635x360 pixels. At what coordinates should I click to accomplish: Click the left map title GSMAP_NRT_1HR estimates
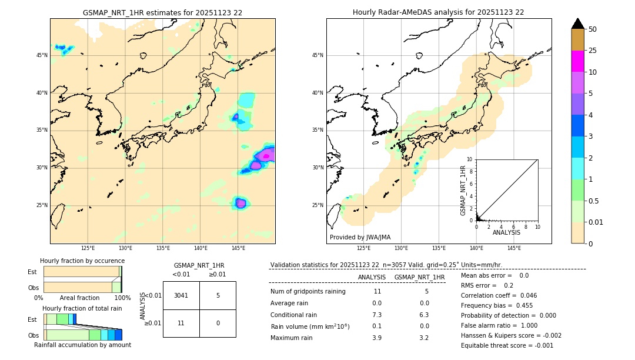tap(162, 12)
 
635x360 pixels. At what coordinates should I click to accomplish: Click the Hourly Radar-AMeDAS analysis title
tap(438, 12)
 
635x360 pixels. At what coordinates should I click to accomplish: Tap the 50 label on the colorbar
tap(593, 29)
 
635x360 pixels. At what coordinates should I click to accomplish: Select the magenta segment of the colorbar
tap(577, 61)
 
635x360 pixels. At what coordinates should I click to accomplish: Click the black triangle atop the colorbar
tap(577, 24)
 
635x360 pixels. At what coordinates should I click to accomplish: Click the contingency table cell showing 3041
tap(181, 295)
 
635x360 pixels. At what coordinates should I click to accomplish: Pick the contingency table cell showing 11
tap(181, 323)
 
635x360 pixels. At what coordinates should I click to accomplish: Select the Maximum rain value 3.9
tap(377, 338)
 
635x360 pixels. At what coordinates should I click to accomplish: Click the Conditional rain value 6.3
tap(424, 315)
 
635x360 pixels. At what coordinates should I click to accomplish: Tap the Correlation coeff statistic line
tap(499, 295)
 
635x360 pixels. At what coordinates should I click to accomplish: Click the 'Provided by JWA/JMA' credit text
tap(360, 238)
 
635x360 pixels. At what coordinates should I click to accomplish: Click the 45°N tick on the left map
tap(42, 55)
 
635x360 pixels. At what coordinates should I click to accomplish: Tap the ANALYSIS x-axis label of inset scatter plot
tap(506, 232)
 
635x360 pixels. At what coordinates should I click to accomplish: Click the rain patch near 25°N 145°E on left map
tap(240, 204)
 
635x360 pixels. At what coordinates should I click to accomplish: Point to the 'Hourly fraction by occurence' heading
tap(82, 261)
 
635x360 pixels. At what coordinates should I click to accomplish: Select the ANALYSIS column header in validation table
tap(372, 277)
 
